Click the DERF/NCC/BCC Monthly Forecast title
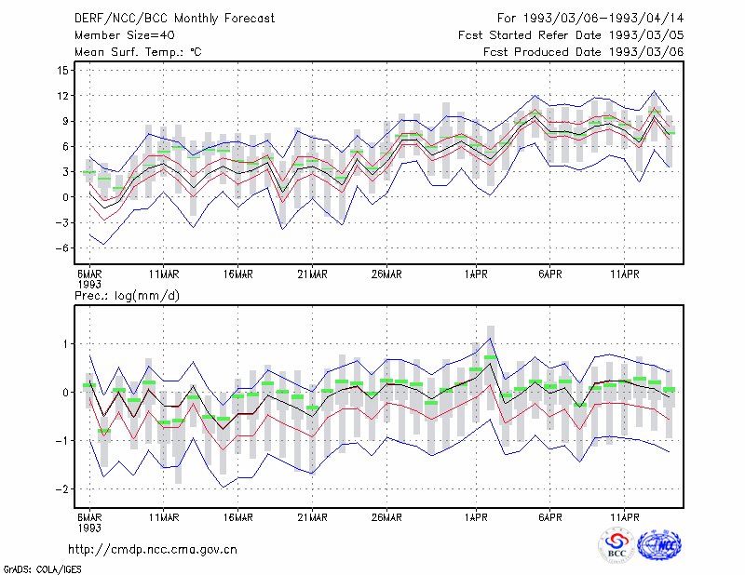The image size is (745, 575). coord(174,19)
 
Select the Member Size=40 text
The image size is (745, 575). coord(125,35)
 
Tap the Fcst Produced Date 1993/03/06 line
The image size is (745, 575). coord(584,52)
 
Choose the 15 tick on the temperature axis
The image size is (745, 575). coord(63,71)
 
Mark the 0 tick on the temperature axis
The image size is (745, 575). coord(65,197)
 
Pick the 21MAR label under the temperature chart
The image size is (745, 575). coord(312,274)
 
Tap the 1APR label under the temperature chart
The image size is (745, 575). coord(476,274)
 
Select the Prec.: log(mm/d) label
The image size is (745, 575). coord(127,296)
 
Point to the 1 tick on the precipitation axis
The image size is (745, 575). coord(66,343)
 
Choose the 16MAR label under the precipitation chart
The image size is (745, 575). coord(238,517)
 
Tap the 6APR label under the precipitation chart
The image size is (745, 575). coord(550,517)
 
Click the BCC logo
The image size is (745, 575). coord(616,545)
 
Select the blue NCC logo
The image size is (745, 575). coord(659,545)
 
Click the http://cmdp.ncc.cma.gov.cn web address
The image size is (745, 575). coord(153,550)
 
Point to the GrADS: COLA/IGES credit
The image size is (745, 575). coord(42,569)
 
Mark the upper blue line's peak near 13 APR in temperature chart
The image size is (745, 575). coord(655,91)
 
